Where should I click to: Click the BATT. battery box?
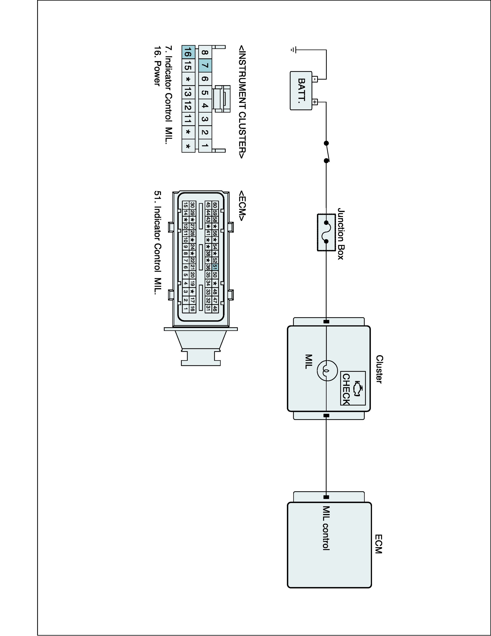click(301, 91)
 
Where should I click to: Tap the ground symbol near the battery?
click(293, 50)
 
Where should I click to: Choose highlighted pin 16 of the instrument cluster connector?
click(188, 52)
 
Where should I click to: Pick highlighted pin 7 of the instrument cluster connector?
click(205, 66)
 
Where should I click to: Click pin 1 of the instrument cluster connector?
click(205, 145)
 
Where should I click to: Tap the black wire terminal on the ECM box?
click(326, 497)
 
